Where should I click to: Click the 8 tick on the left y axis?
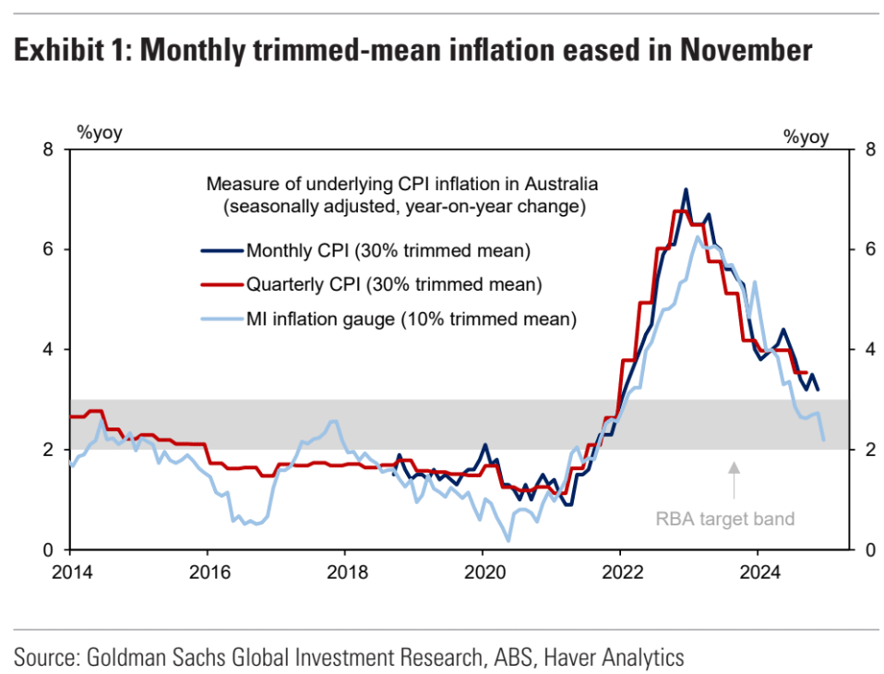[x=48, y=150]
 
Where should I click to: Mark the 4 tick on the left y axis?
[x=48, y=350]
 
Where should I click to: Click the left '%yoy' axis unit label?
[x=99, y=132]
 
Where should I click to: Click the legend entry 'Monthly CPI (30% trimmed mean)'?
[x=388, y=249]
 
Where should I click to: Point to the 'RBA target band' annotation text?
[x=724, y=519]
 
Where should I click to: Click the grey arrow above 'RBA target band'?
[x=734, y=479]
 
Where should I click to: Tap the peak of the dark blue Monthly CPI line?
[x=686, y=189]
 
